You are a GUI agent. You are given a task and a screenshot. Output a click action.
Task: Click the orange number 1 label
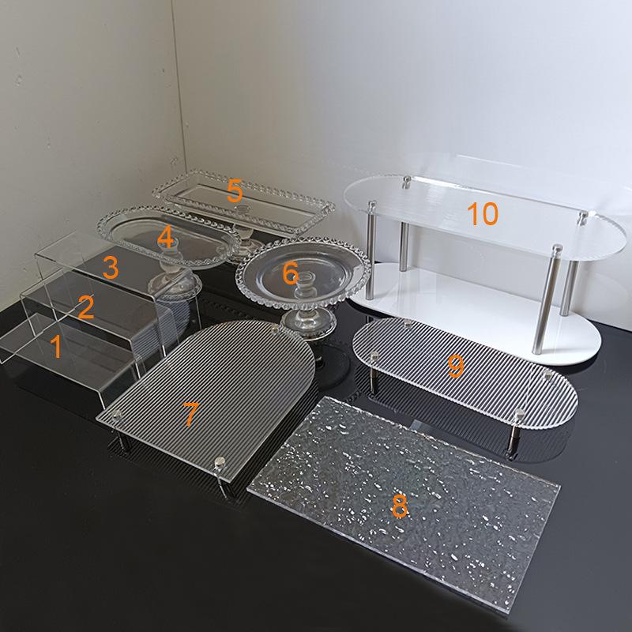pos(55,346)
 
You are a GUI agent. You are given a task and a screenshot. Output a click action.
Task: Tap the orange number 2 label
pos(85,307)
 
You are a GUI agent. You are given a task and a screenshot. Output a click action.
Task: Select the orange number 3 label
pos(110,268)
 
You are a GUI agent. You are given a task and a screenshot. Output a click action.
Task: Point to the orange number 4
pos(164,236)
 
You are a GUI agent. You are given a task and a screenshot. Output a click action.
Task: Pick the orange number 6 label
pos(290,274)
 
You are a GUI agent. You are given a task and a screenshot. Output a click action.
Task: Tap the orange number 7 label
pos(190,414)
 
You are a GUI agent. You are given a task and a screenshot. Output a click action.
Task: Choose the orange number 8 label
pos(400,506)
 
